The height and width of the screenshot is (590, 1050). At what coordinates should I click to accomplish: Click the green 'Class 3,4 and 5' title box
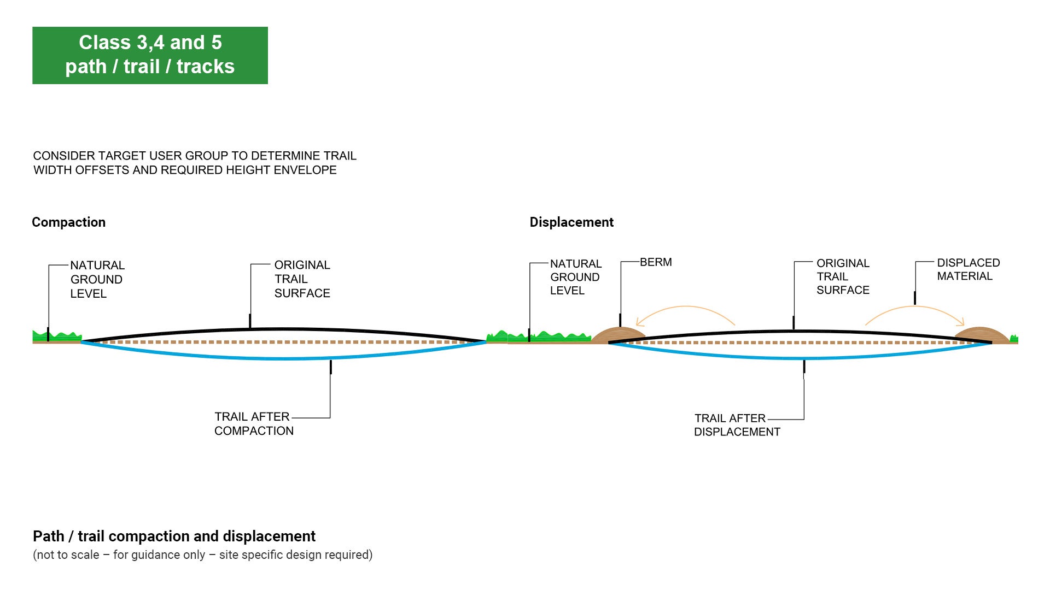click(x=150, y=55)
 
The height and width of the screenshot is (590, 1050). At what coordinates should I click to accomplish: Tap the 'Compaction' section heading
click(x=68, y=222)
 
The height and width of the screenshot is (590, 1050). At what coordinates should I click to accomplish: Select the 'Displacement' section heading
click(x=571, y=222)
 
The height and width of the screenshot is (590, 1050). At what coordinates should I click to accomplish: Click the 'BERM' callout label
click(x=656, y=262)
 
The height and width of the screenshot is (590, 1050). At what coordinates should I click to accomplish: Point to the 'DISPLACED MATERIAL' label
click(x=968, y=269)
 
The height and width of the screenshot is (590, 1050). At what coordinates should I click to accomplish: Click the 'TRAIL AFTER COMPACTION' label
click(x=253, y=424)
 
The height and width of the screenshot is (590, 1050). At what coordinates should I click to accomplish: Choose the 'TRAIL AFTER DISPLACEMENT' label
click(x=737, y=425)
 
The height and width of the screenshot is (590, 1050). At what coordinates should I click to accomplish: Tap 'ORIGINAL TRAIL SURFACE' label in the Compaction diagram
click(x=302, y=279)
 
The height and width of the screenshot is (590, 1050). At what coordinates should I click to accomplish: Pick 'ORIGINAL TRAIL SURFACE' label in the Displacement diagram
click(x=843, y=276)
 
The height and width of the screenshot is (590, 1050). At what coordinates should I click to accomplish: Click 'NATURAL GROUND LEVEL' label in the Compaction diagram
click(x=97, y=279)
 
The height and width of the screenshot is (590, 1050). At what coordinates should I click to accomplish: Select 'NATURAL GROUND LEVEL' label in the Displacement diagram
click(x=575, y=277)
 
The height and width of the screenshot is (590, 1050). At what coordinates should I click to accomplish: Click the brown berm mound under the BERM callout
click(x=618, y=334)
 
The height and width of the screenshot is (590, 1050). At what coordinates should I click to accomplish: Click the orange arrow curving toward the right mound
click(x=914, y=310)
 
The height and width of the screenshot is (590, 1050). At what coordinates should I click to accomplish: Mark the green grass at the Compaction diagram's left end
click(x=57, y=336)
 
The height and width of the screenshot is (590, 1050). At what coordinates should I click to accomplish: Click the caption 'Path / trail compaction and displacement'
click(x=174, y=536)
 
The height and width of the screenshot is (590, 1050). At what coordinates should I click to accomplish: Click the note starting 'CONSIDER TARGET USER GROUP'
click(x=194, y=163)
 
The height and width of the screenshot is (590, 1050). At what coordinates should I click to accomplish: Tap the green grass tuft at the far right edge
click(x=1014, y=339)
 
